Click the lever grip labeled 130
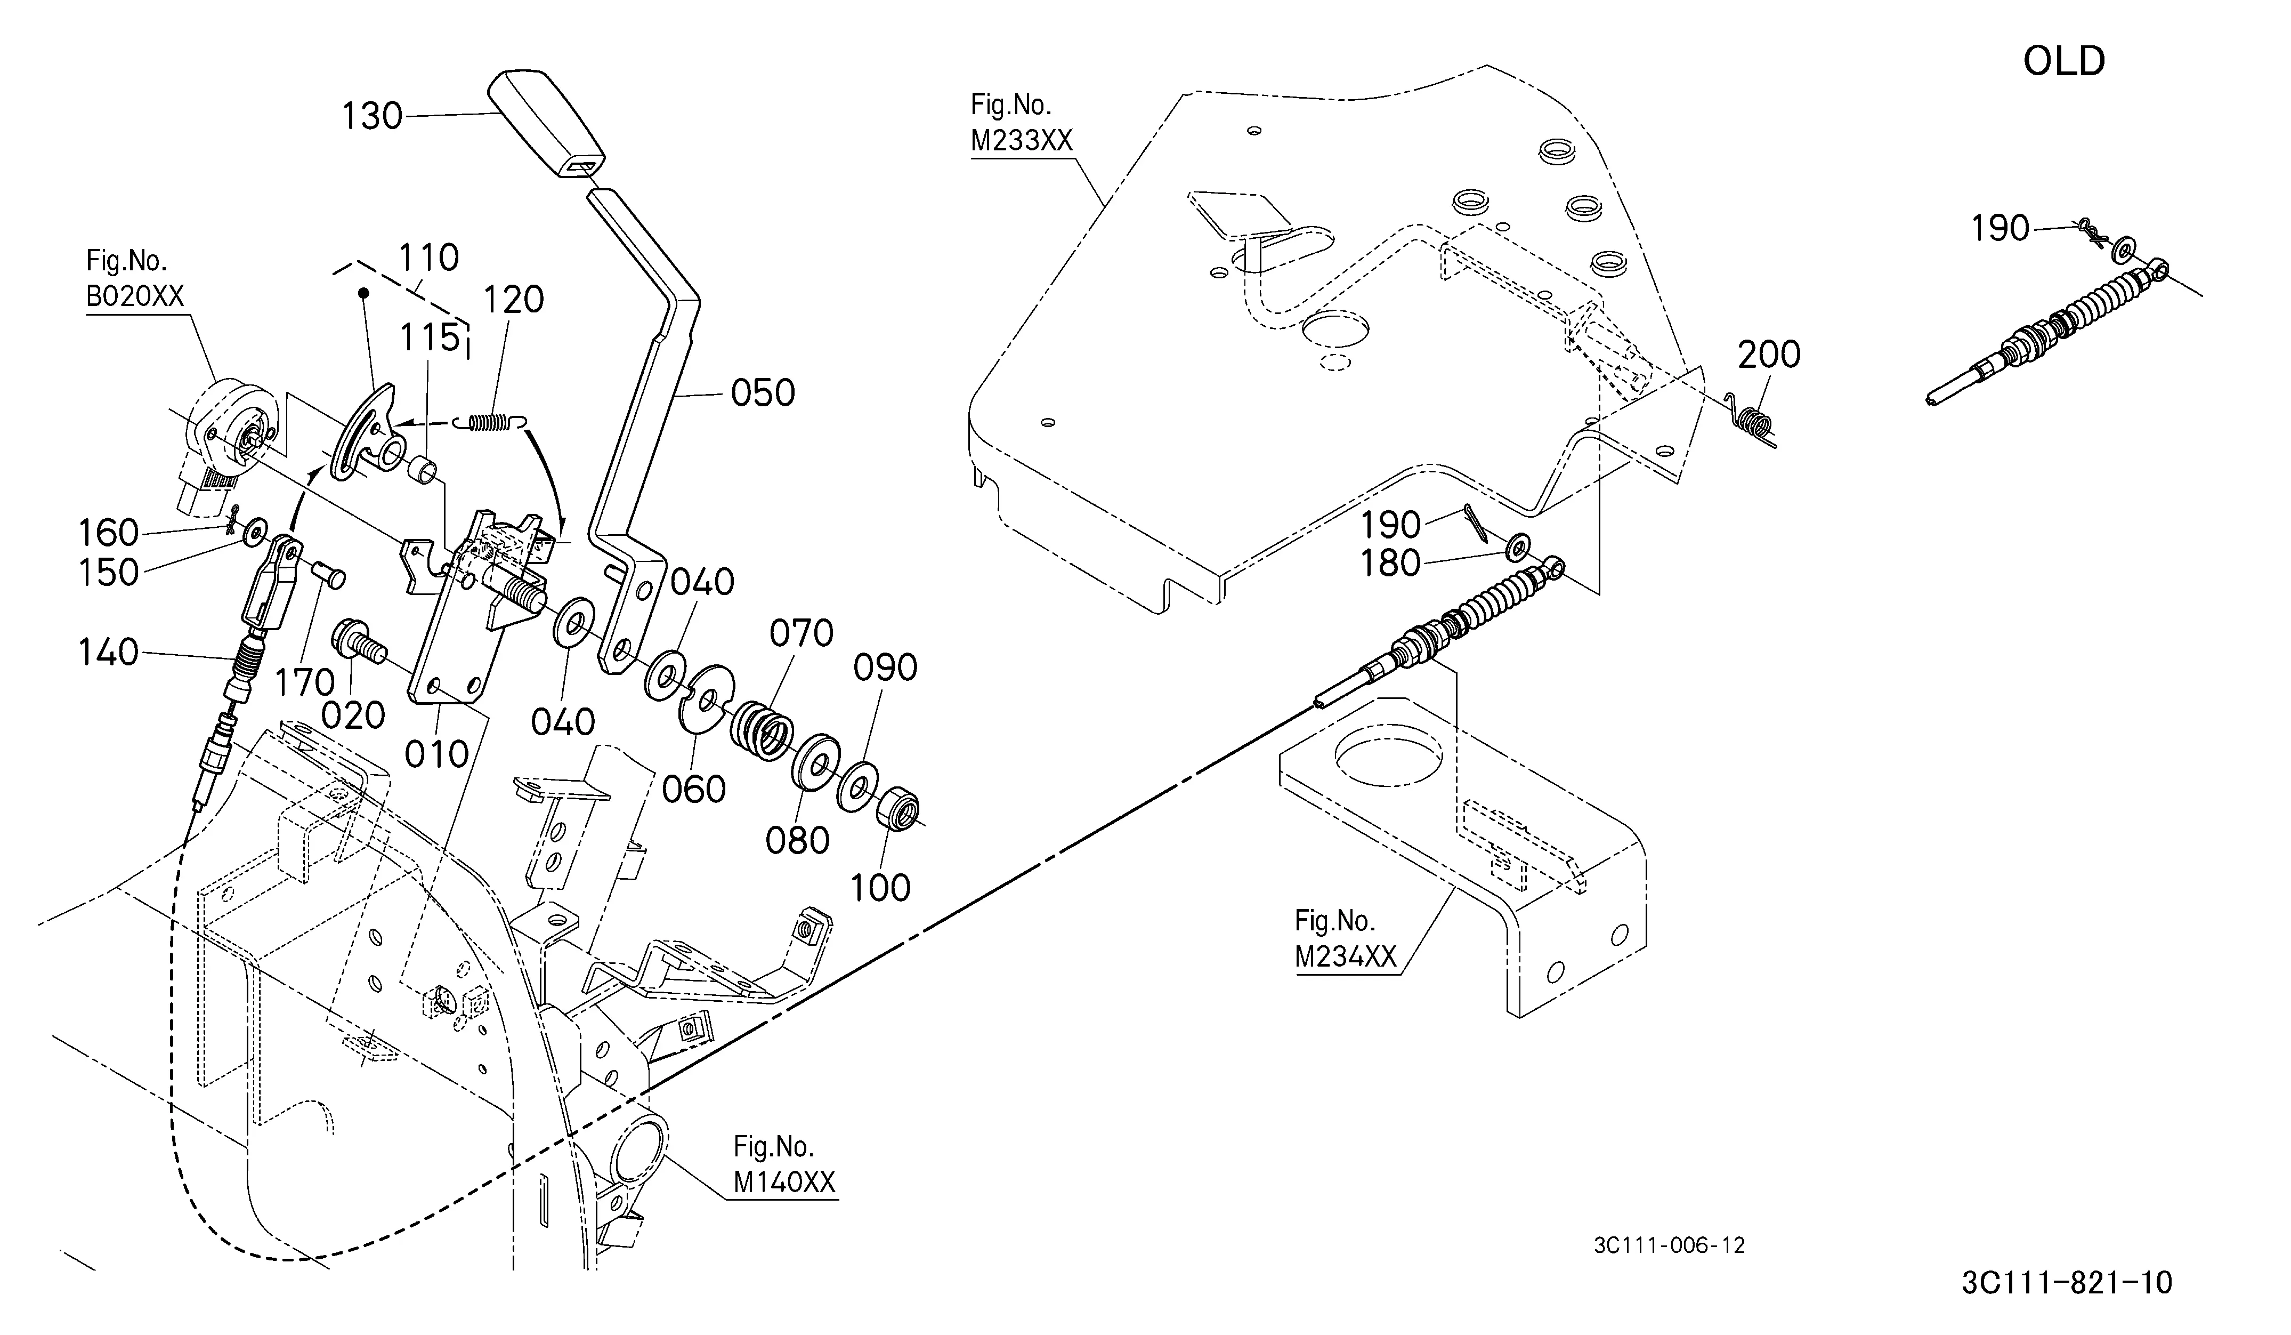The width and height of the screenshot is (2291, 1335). click(546, 125)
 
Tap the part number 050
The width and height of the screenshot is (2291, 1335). click(763, 394)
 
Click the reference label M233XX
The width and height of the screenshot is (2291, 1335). click(1022, 141)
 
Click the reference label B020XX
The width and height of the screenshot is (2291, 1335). click(135, 296)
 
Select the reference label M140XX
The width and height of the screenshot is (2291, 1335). click(784, 1182)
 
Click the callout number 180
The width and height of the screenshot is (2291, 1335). click(1390, 564)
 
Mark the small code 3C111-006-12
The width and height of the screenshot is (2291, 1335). click(1669, 1246)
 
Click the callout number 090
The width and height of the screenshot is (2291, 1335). click(885, 669)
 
